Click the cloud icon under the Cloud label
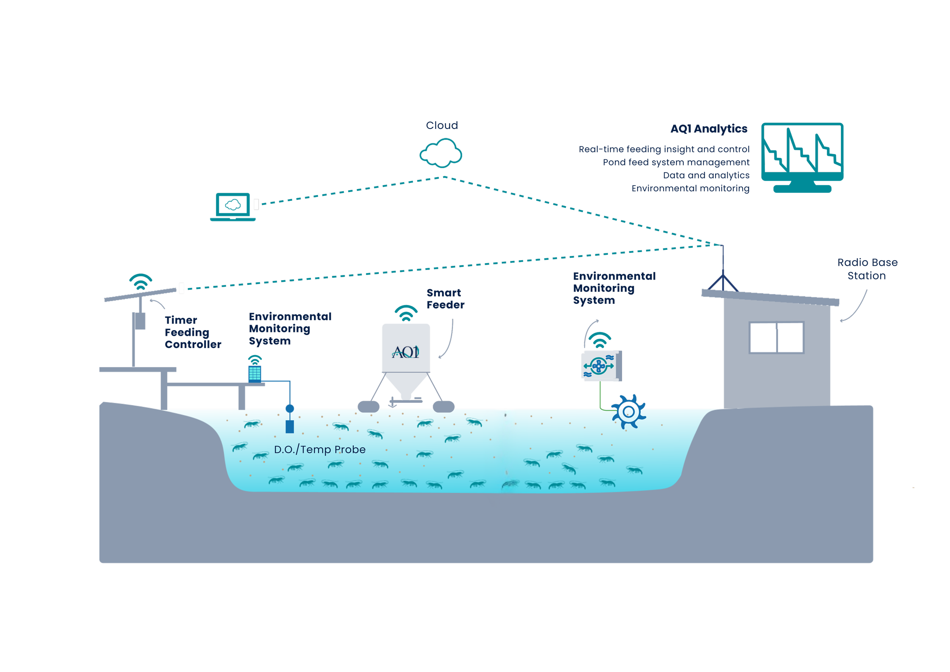440,153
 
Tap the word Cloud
442,126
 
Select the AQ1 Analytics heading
709,129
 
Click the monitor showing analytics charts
802,153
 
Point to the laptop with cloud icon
233,206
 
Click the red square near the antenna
711,274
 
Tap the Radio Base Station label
867,269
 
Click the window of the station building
776,337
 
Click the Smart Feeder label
445,299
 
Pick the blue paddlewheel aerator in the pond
628,412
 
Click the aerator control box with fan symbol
601,365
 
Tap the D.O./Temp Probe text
320,450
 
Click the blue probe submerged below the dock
290,426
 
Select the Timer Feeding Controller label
192,332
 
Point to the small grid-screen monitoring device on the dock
255,373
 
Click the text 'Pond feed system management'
676,162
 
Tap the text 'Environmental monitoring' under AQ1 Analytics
690,188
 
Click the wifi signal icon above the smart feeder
406,313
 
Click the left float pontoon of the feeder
368,407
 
